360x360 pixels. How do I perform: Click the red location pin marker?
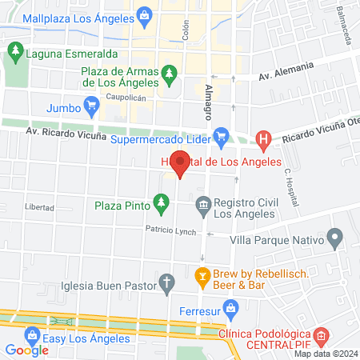[x=181, y=164]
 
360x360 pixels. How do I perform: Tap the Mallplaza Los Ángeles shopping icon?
[x=144, y=15]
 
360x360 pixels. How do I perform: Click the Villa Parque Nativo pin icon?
[x=334, y=238]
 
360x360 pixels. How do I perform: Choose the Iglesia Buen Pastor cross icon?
[x=166, y=282]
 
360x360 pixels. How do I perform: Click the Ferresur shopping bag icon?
[x=230, y=306]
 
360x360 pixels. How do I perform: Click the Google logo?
[x=26, y=350]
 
